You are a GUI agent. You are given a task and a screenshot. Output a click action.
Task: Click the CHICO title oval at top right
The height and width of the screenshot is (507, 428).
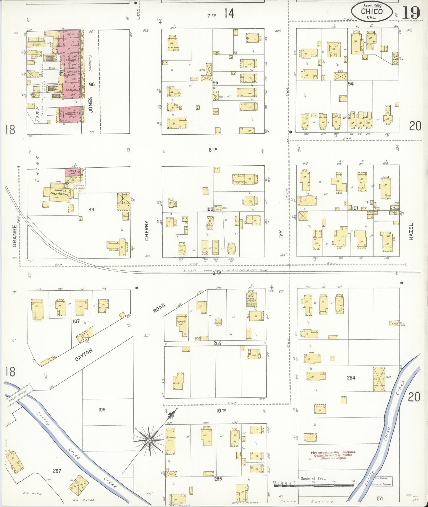pyautogui.click(x=372, y=12)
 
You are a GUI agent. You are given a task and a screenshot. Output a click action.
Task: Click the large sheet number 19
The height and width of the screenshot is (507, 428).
pyautogui.click(x=411, y=13)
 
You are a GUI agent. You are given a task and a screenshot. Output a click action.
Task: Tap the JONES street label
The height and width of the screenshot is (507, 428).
pyautogui.click(x=90, y=105)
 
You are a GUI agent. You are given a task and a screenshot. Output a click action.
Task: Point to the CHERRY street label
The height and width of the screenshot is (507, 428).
pyautogui.click(x=147, y=230)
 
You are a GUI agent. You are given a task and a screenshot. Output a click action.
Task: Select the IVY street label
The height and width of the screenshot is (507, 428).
pyautogui.click(x=281, y=235)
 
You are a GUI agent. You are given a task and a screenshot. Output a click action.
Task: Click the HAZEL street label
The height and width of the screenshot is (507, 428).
pyautogui.click(x=411, y=231)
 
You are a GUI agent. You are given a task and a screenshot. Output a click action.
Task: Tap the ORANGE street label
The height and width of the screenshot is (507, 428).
pyautogui.click(x=15, y=236)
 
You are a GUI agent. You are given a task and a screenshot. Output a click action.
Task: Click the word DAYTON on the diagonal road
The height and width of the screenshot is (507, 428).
pyautogui.click(x=84, y=355)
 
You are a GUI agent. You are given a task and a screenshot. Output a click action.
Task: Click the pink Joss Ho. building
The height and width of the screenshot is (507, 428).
pyautogui.click(x=73, y=172)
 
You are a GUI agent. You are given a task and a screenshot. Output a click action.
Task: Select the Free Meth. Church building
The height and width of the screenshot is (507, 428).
pyautogui.click(x=251, y=299)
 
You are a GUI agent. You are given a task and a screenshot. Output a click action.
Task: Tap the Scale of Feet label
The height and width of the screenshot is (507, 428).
pyautogui.click(x=313, y=479)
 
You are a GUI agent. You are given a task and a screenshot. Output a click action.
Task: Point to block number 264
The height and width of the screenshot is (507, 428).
pyautogui.click(x=351, y=378)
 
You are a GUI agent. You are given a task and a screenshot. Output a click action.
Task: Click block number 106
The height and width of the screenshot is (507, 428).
pyautogui.click(x=102, y=410)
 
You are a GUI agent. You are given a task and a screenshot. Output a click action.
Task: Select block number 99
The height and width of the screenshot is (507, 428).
pyautogui.click(x=91, y=209)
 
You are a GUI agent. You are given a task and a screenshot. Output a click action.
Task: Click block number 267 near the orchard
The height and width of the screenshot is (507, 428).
pyautogui.click(x=57, y=471)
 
